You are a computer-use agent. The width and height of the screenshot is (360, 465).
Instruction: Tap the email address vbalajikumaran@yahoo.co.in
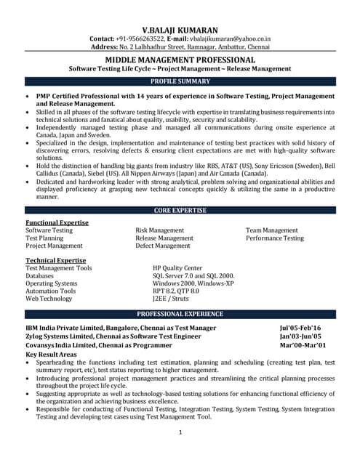click(x=231, y=38)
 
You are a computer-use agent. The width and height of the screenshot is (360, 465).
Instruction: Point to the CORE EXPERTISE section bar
click(x=180, y=211)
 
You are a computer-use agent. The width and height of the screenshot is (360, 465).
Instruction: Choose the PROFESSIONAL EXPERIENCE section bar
click(x=180, y=314)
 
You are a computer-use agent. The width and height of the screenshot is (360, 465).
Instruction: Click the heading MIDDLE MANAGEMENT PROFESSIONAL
click(x=180, y=60)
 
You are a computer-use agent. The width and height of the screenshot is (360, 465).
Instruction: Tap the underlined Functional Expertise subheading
click(x=57, y=222)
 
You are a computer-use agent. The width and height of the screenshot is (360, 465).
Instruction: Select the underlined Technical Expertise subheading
click(x=56, y=260)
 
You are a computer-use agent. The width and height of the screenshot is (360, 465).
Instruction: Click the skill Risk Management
click(x=159, y=230)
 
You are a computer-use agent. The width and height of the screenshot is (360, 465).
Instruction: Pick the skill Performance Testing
click(x=274, y=238)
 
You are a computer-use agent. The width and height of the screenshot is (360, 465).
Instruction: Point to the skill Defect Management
click(x=162, y=246)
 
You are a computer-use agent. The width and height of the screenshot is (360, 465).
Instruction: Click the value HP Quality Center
click(x=177, y=268)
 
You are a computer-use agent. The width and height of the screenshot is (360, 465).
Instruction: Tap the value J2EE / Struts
click(x=171, y=299)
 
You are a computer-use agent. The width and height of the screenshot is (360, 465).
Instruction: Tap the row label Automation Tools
click(x=51, y=291)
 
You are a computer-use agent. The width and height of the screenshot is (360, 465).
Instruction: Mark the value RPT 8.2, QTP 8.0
click(x=175, y=291)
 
